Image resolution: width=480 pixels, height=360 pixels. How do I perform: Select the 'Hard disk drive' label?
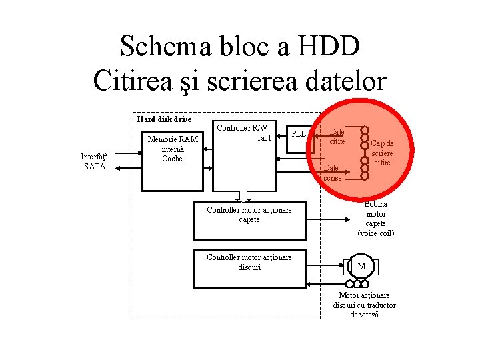click(x=164, y=119)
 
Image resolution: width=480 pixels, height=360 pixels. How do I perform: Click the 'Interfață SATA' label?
click(x=95, y=161)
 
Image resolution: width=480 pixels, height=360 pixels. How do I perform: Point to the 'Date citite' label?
click(x=337, y=137)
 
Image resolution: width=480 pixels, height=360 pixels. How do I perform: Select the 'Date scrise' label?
click(x=333, y=173)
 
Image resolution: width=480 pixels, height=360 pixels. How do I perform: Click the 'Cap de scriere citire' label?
click(x=382, y=153)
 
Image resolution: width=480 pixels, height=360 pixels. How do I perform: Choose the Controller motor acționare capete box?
click(x=249, y=220)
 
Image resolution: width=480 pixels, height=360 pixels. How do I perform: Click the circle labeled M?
click(x=361, y=267)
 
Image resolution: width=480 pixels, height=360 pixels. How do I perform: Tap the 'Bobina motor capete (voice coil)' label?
click(x=376, y=219)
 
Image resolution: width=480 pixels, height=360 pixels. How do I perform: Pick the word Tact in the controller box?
click(x=263, y=138)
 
